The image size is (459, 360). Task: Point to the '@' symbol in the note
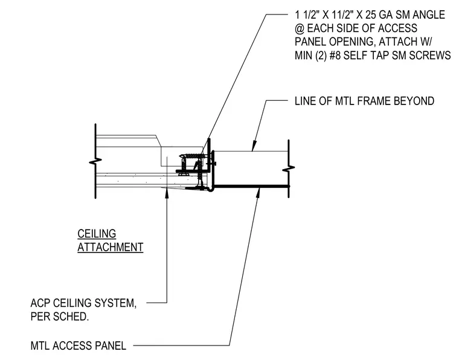300,28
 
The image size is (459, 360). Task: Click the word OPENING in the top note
353,42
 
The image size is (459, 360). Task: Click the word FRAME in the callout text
374,101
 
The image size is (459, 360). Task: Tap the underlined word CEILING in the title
97,234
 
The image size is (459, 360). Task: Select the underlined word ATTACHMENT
111,247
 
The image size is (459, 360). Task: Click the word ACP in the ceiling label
40,303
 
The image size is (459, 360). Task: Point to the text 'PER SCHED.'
59,317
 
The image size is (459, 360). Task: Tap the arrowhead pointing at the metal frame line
254,146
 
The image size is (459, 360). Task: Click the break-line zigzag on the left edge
95,161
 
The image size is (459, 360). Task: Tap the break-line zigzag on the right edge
289,169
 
